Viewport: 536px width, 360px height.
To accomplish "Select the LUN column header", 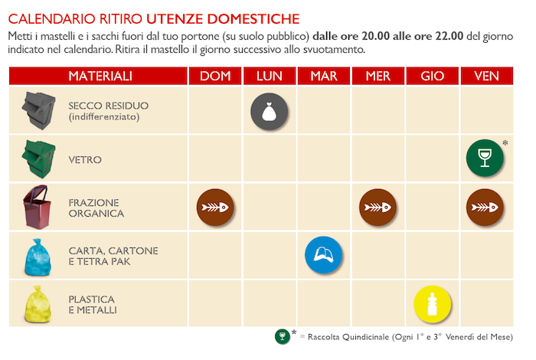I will click(x=270, y=76).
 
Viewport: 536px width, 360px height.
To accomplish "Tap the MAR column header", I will click(x=324, y=76).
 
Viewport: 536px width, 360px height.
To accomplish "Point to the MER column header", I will click(x=378, y=76).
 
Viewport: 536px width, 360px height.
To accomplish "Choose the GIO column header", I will click(x=433, y=76).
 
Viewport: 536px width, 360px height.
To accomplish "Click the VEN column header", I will click(x=487, y=76).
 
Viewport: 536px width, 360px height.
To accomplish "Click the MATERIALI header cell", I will click(x=100, y=76).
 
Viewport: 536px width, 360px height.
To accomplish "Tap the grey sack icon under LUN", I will click(x=270, y=112).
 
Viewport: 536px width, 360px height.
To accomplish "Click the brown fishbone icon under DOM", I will click(x=215, y=207).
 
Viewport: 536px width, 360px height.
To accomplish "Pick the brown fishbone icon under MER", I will click(x=378, y=207).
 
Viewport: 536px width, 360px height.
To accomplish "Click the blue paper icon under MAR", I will click(x=324, y=255).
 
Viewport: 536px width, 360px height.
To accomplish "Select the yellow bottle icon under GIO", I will click(x=432, y=303).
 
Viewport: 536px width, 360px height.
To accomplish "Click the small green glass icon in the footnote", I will click(x=282, y=336).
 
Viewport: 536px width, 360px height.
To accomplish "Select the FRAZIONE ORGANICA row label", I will click(x=96, y=208).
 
